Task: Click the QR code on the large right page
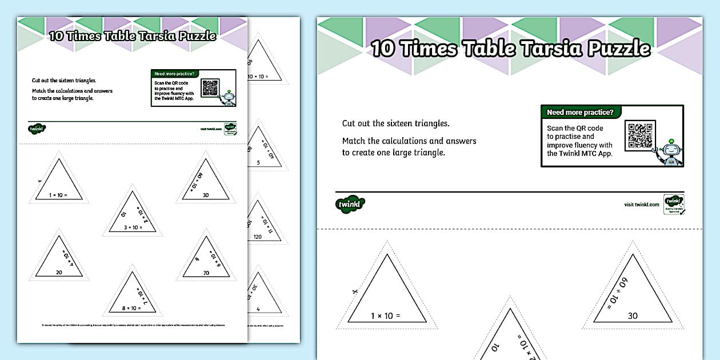641,135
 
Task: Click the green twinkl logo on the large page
350,204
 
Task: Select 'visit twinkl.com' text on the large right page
642,205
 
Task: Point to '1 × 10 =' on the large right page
386,315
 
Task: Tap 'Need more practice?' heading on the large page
580,113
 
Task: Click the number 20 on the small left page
59,273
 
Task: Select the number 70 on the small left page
206,273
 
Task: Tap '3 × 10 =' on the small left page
132,228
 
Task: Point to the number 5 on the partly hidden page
258,163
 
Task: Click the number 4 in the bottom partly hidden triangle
258,309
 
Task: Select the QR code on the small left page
210,87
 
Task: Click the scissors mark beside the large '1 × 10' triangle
354,291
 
